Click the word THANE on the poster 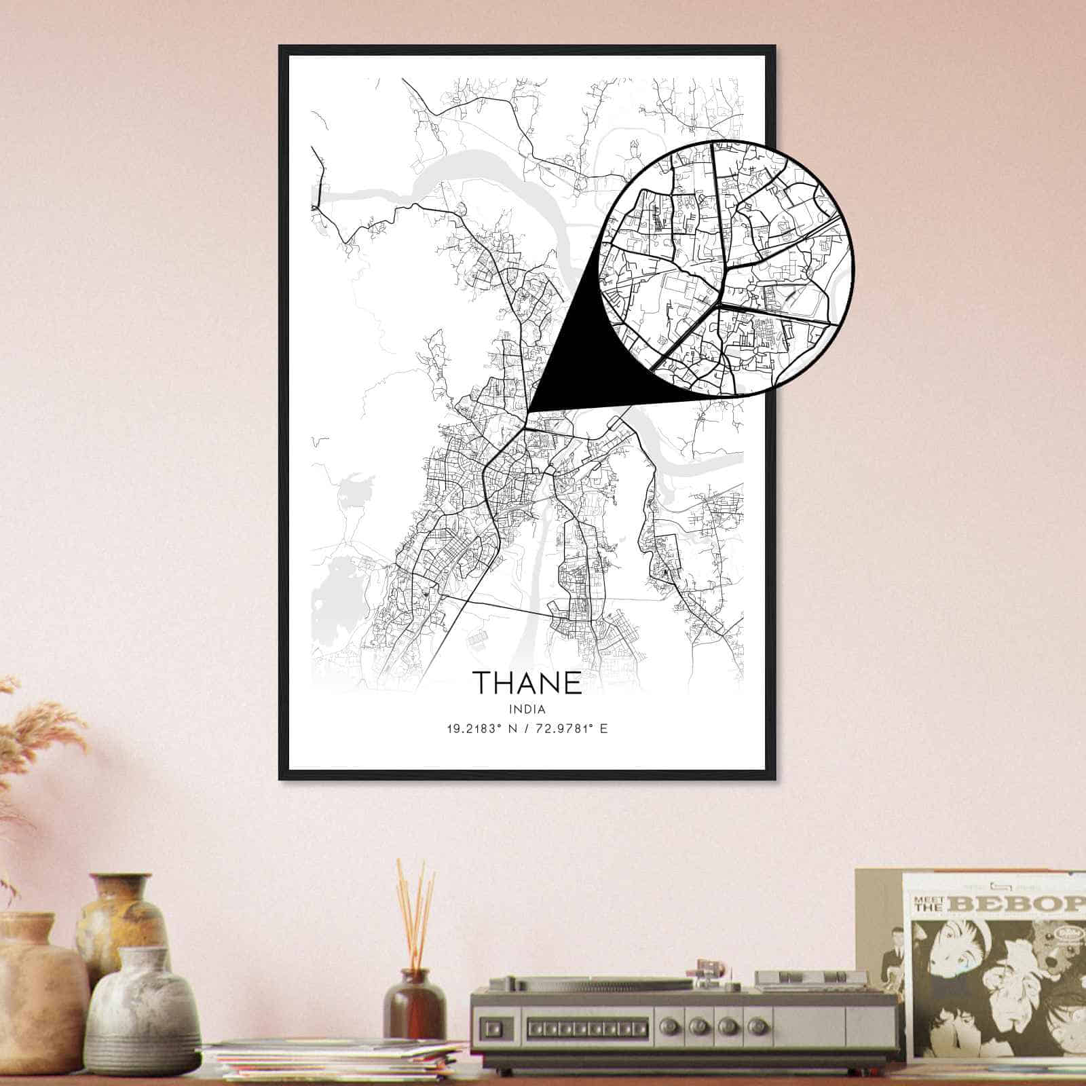click(527, 683)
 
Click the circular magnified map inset click(726, 268)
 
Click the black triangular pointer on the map click(577, 367)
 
